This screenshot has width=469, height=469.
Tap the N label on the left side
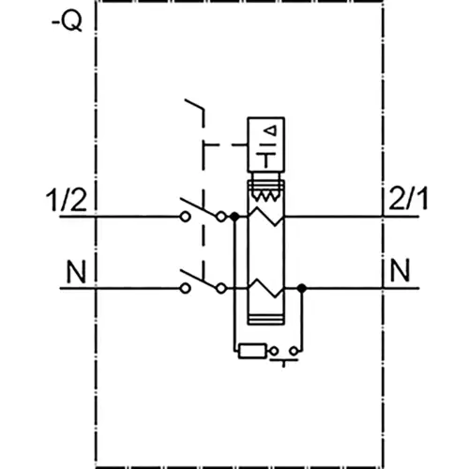(x=76, y=272)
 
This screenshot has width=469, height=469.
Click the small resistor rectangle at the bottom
(x=251, y=353)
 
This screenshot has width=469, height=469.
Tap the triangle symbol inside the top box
(x=271, y=129)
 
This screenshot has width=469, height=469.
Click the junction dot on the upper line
(x=234, y=216)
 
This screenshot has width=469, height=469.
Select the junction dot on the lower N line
(x=300, y=288)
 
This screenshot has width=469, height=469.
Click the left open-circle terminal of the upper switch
(x=186, y=216)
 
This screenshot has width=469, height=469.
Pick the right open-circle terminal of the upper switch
(x=220, y=216)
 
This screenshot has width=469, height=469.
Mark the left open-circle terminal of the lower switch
(x=186, y=288)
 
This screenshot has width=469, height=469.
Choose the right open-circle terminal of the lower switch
(x=220, y=288)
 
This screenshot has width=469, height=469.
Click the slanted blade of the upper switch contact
(x=194, y=204)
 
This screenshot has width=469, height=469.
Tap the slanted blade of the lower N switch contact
(x=194, y=277)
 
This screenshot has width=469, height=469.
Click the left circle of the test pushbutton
(x=275, y=353)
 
